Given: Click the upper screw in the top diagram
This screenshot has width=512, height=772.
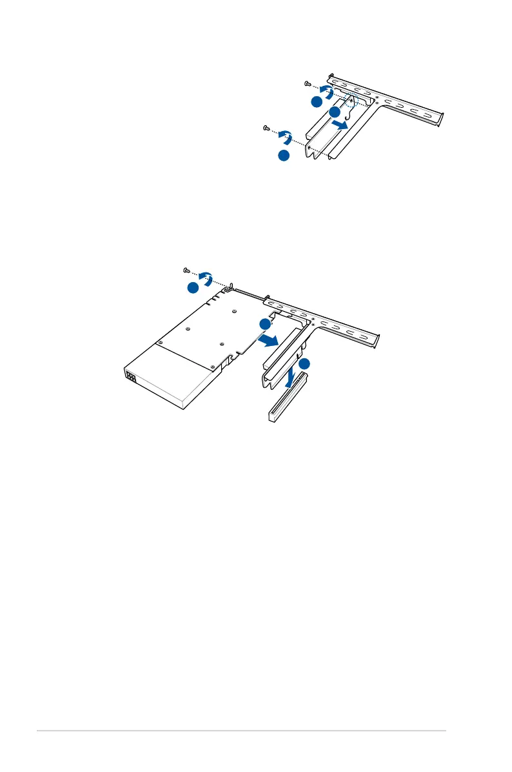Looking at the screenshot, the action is pos(308,84).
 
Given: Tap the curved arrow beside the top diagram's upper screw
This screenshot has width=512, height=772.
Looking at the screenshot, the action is pos(327,92).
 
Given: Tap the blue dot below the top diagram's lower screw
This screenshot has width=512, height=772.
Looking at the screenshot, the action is pos(283,156).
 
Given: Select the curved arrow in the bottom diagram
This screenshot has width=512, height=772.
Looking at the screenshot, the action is pos(206,278).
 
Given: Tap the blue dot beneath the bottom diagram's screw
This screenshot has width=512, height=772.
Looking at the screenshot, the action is pos(193,289).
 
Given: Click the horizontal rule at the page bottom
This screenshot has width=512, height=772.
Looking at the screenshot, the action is pos(241,731).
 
